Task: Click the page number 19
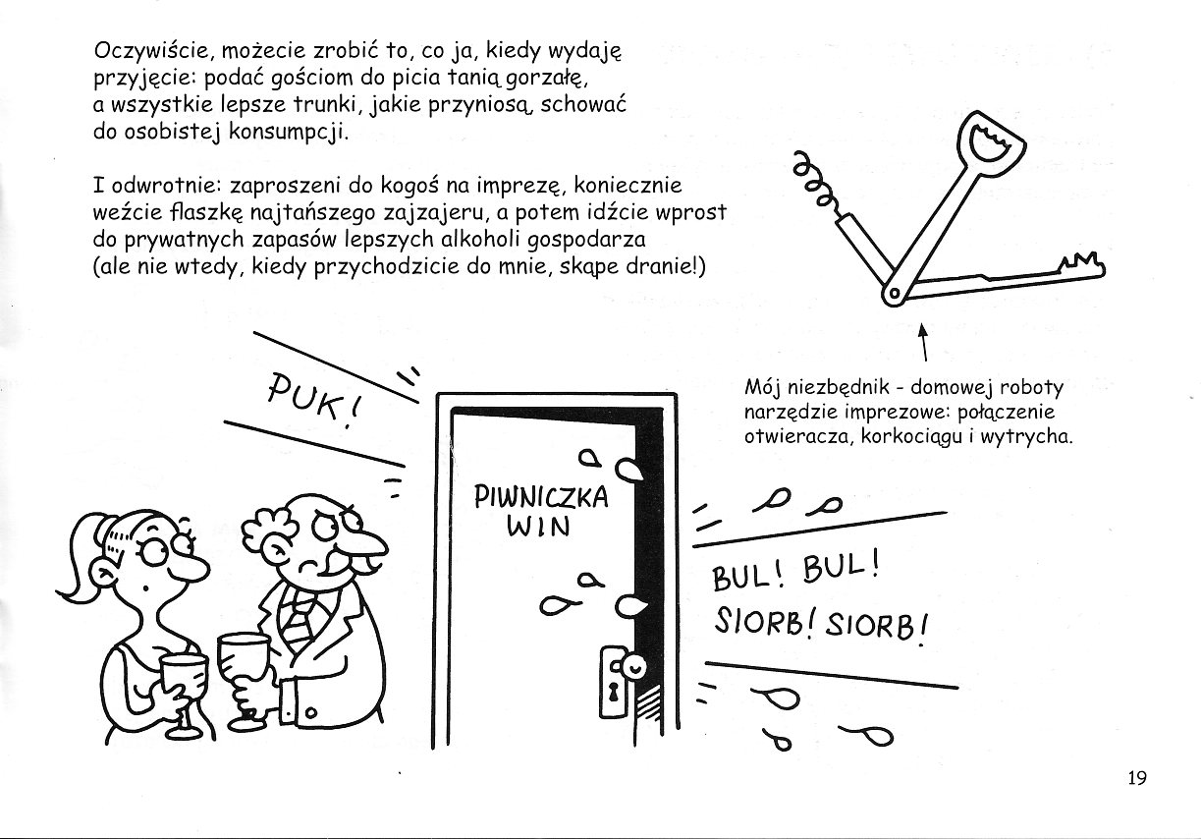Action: tap(1136, 779)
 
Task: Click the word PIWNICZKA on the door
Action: tap(540, 495)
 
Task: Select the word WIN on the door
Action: tap(538, 527)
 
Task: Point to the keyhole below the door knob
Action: tap(614, 692)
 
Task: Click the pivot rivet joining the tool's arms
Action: tap(894, 292)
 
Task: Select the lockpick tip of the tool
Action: tap(1080, 263)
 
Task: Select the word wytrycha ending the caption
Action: tap(1032, 436)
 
